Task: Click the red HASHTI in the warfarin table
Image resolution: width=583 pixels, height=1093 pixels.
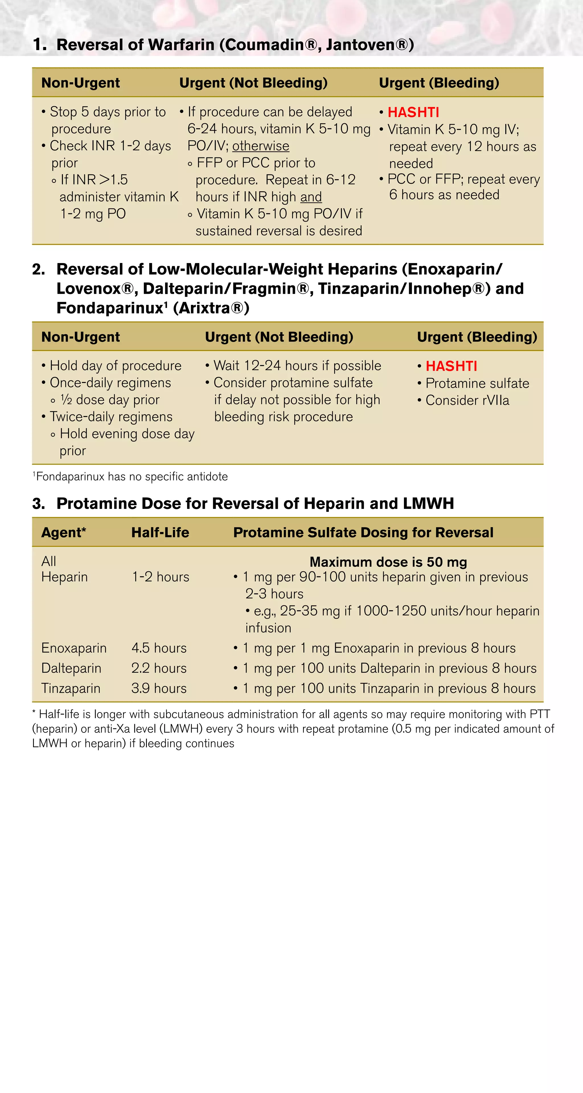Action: pyautogui.click(x=413, y=112)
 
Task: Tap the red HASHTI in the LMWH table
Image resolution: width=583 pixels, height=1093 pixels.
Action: pyautogui.click(x=451, y=366)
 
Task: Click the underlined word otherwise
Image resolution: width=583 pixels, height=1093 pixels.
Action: pyautogui.click(x=260, y=146)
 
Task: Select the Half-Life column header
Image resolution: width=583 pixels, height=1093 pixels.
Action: pyautogui.click(x=160, y=533)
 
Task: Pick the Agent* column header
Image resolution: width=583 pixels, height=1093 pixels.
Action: pyautogui.click(x=64, y=533)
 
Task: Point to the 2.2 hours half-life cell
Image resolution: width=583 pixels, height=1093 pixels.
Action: pyautogui.click(x=159, y=668)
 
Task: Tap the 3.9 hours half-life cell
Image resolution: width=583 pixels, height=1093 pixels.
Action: pyautogui.click(x=159, y=688)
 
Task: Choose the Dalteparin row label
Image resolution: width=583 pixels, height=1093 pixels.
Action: pyautogui.click(x=71, y=668)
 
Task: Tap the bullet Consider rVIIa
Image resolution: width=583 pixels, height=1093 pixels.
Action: pyautogui.click(x=467, y=400)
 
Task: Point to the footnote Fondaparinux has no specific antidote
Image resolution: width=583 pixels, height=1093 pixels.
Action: pyautogui.click(x=132, y=476)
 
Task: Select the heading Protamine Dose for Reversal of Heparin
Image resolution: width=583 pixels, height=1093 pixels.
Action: pyautogui.click(x=254, y=504)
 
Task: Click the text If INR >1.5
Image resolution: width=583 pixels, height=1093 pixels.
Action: pyautogui.click(x=94, y=180)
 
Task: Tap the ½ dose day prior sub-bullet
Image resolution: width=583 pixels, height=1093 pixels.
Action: pyautogui.click(x=110, y=400)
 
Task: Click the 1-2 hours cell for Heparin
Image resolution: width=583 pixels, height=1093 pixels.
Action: pyautogui.click(x=160, y=577)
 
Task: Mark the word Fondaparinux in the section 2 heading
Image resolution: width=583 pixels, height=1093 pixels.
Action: pyautogui.click(x=110, y=308)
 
